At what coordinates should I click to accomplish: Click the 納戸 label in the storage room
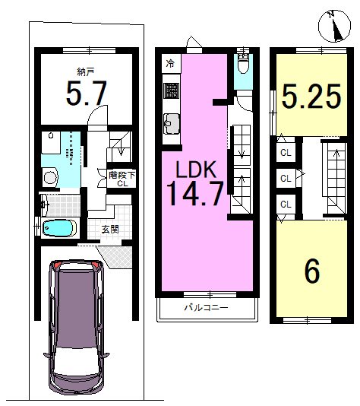point(85,71)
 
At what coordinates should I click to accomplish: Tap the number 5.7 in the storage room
point(87,93)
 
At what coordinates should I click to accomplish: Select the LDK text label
point(196,169)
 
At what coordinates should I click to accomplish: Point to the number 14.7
point(195,193)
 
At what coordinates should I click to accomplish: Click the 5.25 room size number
point(311,97)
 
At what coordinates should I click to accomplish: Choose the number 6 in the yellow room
point(312,271)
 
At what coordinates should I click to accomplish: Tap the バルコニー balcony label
point(206,308)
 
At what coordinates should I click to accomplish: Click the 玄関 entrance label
point(110,229)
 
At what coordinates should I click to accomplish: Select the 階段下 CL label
point(122,179)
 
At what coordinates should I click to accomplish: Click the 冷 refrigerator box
point(170,63)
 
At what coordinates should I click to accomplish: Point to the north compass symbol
point(334,26)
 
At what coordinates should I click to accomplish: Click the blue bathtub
point(59,228)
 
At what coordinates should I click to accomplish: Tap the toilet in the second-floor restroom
point(243,64)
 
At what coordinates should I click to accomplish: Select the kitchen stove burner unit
point(171,90)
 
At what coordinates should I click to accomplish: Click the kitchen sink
point(172,124)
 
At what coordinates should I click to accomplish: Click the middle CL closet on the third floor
point(286,179)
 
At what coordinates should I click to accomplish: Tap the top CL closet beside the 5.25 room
point(286,153)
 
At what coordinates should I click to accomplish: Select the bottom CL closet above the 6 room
point(286,205)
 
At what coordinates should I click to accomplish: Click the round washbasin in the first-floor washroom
point(50,177)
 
